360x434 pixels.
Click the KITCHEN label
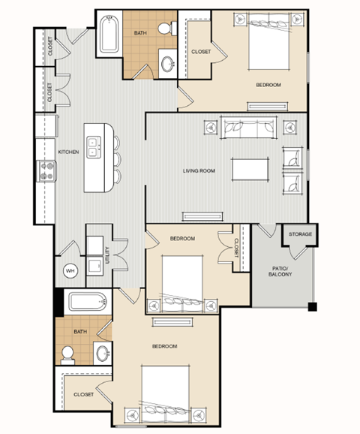[x=68, y=152]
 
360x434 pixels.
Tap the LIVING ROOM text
[x=199, y=170]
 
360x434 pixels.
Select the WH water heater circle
[x=70, y=271]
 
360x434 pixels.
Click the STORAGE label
[x=300, y=234]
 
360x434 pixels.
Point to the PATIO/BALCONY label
[x=280, y=271]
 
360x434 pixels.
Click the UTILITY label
[x=107, y=255]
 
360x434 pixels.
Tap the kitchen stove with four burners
[x=46, y=171]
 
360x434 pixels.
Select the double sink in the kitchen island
[x=94, y=147]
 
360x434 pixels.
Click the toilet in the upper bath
[x=167, y=28]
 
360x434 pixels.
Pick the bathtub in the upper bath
[x=109, y=35]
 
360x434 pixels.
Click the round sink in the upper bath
[x=167, y=64]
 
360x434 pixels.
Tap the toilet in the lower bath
[x=67, y=355]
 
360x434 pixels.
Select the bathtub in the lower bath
[x=88, y=302]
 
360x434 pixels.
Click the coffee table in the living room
[x=250, y=170]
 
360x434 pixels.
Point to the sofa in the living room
[x=248, y=128]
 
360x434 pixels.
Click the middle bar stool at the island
[x=118, y=159]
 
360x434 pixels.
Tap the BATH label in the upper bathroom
[x=140, y=33]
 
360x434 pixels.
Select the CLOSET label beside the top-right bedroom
[x=201, y=52]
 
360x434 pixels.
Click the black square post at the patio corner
[x=313, y=306]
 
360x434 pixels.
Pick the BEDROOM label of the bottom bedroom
[x=164, y=346]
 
